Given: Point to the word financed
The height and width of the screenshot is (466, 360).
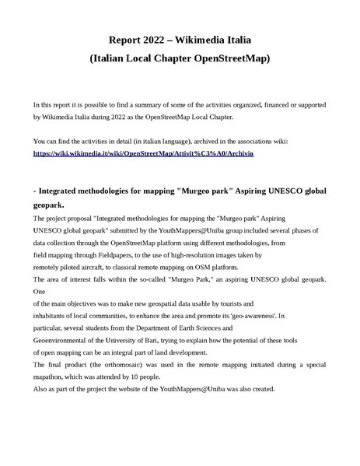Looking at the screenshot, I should coord(274,103).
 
